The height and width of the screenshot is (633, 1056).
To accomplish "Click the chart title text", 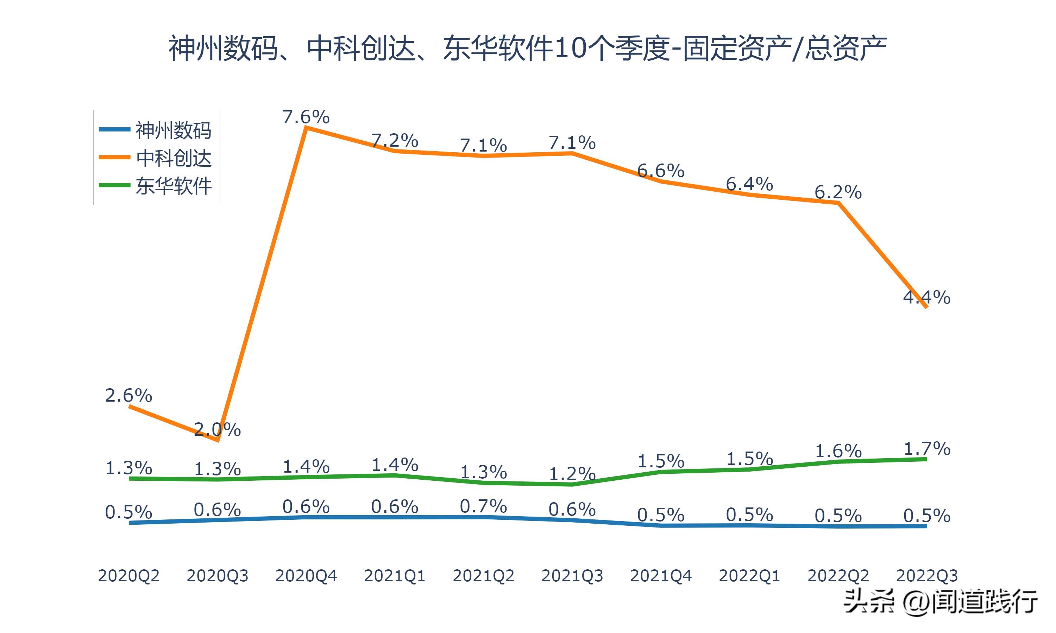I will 528,48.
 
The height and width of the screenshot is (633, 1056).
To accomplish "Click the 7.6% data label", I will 306,117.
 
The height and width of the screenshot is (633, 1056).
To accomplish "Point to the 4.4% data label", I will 927,297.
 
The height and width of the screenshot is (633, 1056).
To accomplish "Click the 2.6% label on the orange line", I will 128,396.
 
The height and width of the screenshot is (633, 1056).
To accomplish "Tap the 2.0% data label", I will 217,429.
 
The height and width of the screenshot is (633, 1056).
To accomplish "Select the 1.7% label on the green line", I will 927,449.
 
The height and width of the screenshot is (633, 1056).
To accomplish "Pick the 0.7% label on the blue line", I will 483,507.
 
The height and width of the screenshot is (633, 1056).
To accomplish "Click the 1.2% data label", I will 572,474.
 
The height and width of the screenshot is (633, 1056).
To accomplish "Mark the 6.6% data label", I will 661,171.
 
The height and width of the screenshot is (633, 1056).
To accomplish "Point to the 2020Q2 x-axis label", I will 128,576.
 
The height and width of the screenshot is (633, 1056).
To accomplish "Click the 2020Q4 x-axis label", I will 306,576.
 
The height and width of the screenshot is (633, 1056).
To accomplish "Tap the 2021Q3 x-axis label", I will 572,576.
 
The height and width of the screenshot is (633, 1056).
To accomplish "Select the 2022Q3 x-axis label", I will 927,576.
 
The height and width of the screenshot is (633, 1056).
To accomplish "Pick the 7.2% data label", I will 395,140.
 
